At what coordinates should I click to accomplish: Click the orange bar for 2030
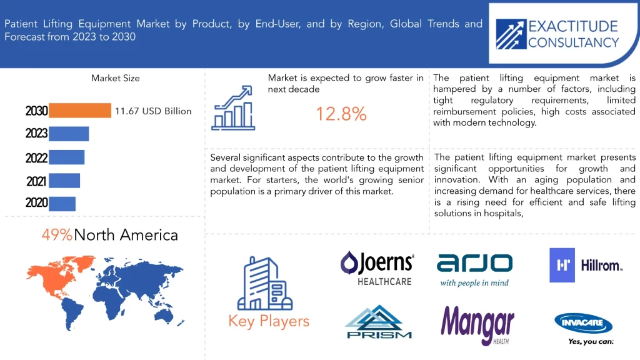pyautogui.click(x=80, y=111)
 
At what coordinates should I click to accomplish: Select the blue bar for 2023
pyautogui.click(x=69, y=134)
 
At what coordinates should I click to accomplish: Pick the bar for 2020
pyautogui.click(x=62, y=204)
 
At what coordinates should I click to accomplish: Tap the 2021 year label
pyautogui.click(x=36, y=181)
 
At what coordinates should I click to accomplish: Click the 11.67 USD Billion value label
pyautogui.click(x=153, y=111)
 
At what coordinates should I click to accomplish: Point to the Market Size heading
pyautogui.click(x=116, y=78)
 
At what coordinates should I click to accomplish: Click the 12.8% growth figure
pyautogui.click(x=341, y=114)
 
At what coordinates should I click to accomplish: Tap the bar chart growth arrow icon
pyautogui.click(x=233, y=108)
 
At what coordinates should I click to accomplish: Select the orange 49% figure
pyautogui.click(x=57, y=235)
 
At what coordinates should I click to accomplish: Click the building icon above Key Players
pyautogui.click(x=265, y=283)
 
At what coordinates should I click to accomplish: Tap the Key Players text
pyautogui.click(x=269, y=321)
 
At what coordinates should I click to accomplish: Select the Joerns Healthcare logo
pyautogui.click(x=377, y=268)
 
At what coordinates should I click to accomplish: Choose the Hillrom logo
pyautogui.click(x=586, y=265)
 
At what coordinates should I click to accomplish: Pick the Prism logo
pyautogui.click(x=378, y=322)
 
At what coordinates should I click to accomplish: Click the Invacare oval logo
pyautogui.click(x=584, y=323)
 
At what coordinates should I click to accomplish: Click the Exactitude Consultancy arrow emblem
pyautogui.click(x=511, y=34)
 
